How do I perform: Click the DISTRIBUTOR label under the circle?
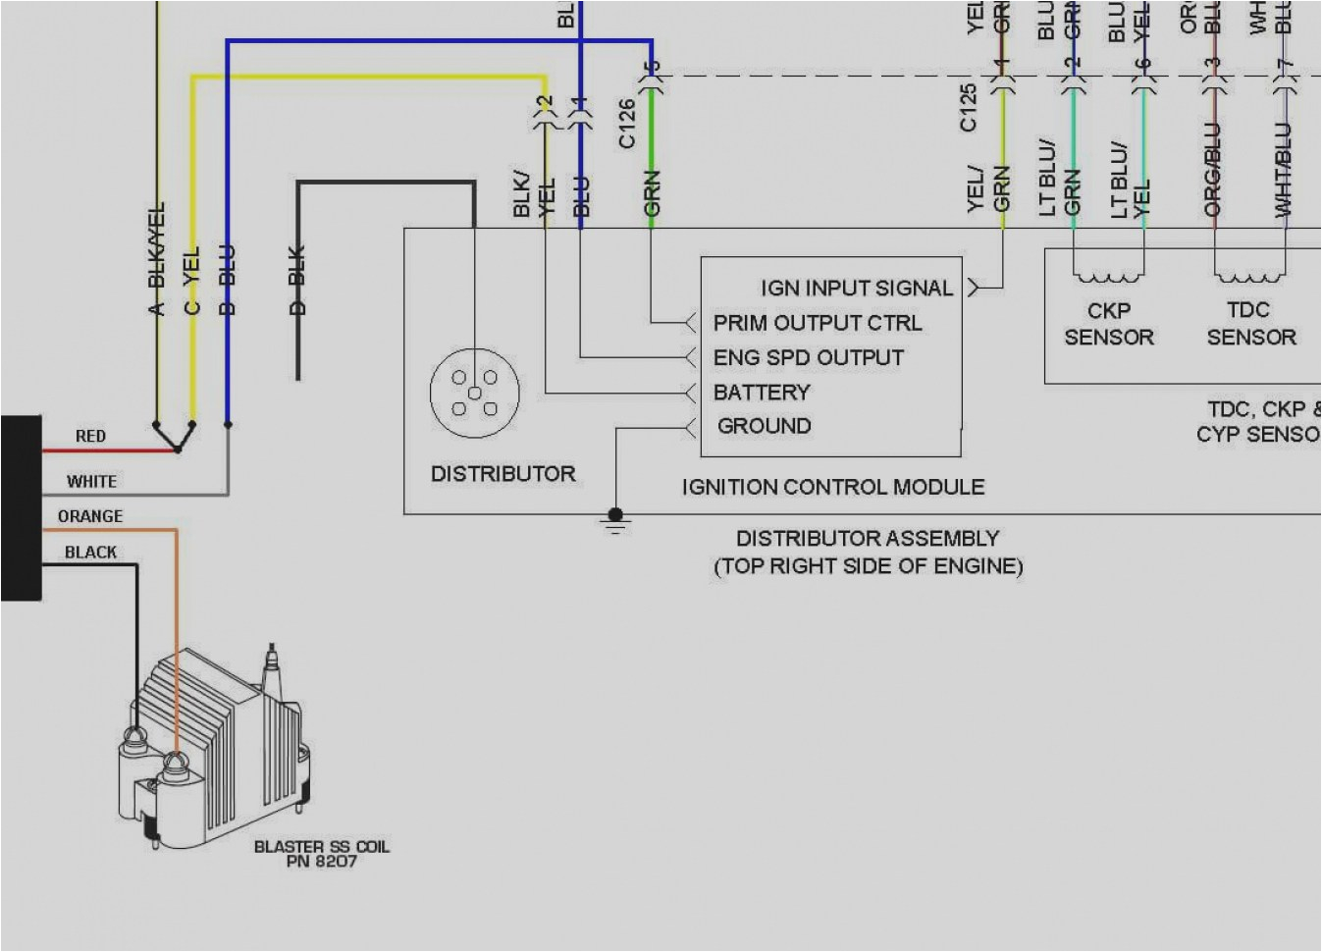coord(502,474)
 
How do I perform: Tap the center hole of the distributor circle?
coord(475,393)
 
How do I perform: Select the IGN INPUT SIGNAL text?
coord(856,289)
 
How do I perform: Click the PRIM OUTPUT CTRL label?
coord(817,323)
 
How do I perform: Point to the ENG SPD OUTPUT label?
coord(808,357)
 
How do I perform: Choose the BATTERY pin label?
coord(762,393)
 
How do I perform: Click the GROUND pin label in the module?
coord(764,426)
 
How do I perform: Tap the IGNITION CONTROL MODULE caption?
coord(832,487)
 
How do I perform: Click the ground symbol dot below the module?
coord(615,514)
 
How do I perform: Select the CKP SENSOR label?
coord(1109,324)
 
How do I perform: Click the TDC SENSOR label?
coord(1250,324)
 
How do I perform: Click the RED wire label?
coord(90,436)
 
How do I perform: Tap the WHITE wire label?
coord(91,481)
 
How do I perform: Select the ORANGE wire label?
coord(90,516)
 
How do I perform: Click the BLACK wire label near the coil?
coord(90,553)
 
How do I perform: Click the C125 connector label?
coord(969,107)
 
